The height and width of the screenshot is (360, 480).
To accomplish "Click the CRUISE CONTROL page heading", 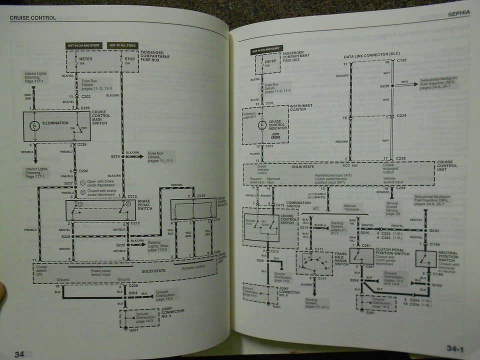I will coord(33,18).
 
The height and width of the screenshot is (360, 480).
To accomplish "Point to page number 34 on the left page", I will coord(19,354).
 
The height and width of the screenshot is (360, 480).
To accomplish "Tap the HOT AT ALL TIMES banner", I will coord(122,46).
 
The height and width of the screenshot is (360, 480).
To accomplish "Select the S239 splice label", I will coord(384,86).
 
